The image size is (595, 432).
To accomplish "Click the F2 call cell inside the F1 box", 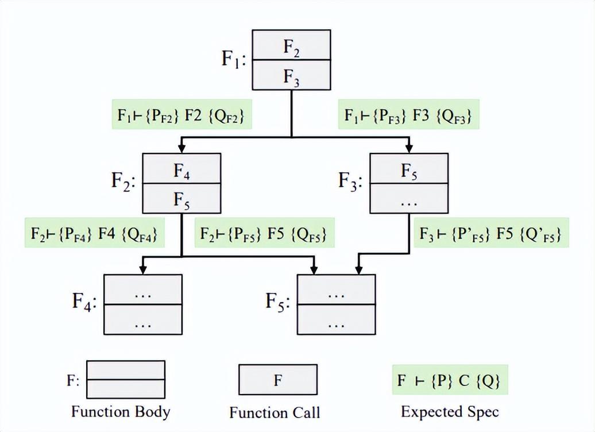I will click(x=292, y=45).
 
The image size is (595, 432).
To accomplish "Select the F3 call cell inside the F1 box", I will click(x=292, y=75).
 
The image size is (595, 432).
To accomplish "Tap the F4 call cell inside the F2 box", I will click(x=181, y=169).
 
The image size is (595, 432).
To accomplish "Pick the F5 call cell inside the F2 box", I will click(x=181, y=199).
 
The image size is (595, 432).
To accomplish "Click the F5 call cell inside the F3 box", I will click(x=409, y=169).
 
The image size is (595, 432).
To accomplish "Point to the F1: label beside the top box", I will click(x=234, y=60).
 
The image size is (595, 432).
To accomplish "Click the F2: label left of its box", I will click(x=123, y=183).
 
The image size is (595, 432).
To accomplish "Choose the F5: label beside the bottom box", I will click(x=278, y=303).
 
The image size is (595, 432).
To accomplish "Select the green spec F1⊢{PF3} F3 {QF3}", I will click(x=408, y=115).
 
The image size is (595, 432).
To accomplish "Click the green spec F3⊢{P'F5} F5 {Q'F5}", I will click(x=490, y=234).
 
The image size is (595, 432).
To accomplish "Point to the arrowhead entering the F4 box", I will click(x=142, y=269).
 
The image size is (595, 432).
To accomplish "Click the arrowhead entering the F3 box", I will click(x=409, y=148).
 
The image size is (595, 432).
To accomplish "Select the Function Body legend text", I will click(x=121, y=412).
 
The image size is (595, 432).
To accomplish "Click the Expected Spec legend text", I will click(x=450, y=412).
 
